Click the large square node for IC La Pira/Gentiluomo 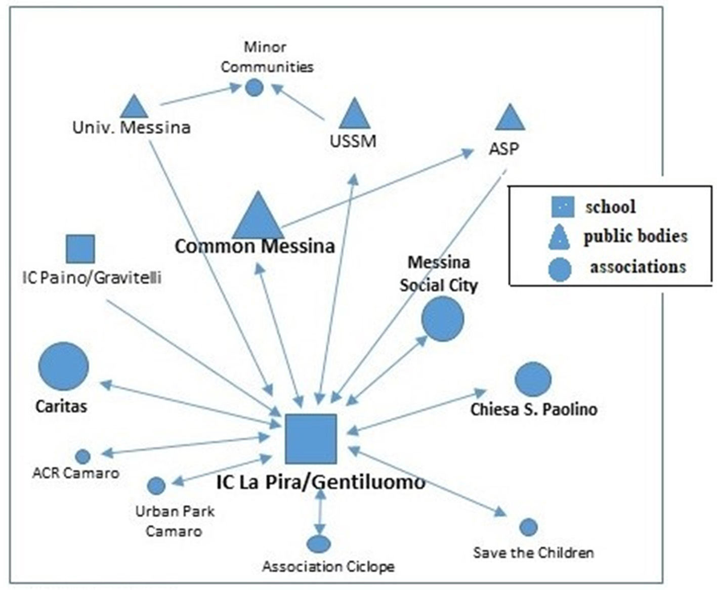(x=311, y=439)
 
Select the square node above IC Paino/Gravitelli (x=80, y=249)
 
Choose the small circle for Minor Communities (x=254, y=88)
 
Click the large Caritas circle (x=63, y=366)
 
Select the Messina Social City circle (x=443, y=319)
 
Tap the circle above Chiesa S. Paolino (x=533, y=379)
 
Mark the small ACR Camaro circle (x=82, y=456)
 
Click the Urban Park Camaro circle (x=156, y=486)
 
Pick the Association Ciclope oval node (x=318, y=544)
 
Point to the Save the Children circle (x=528, y=527)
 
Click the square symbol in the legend (x=563, y=206)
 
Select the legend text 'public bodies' (x=636, y=236)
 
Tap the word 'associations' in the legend (x=638, y=267)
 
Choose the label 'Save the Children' (x=533, y=553)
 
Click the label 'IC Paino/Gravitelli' (x=92, y=277)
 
